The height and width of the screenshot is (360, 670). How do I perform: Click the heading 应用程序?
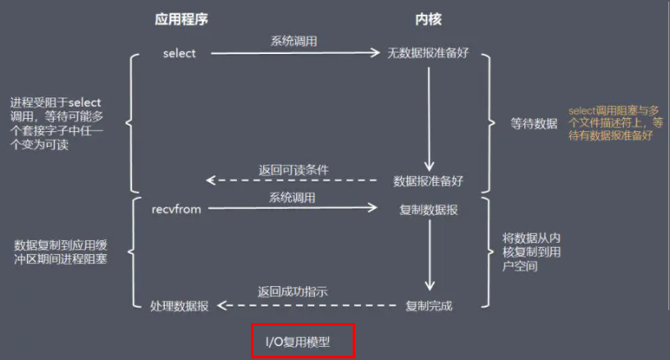[x=181, y=19]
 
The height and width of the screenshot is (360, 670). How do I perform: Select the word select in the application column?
[x=180, y=53]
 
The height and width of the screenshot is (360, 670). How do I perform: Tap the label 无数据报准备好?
[x=428, y=53]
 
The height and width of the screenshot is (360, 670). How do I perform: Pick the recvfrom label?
[x=176, y=209]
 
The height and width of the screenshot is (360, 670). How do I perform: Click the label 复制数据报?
[x=428, y=210]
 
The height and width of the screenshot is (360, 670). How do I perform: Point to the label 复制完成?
[x=430, y=306]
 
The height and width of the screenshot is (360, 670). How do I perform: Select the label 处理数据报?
[x=179, y=306]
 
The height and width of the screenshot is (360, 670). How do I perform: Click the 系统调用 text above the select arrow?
[x=294, y=40]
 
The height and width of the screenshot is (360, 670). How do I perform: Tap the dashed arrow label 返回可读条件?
[x=294, y=170]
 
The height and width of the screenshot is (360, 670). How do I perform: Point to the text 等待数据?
[x=534, y=124]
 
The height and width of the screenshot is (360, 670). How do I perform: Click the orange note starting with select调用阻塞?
[x=615, y=123]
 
